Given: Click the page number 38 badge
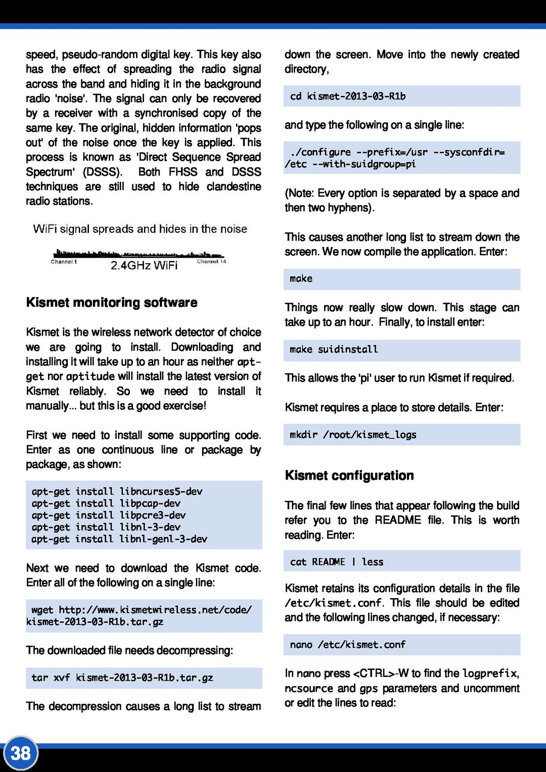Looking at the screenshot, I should click(21, 753).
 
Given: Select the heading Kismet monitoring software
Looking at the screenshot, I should click(112, 303).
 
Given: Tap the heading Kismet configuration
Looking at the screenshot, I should click(349, 475).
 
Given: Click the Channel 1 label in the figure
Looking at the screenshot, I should click(64, 262).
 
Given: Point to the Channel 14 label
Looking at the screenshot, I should click(211, 262).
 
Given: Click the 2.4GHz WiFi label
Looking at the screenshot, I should click(144, 266).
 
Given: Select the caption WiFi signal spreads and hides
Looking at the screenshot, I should click(140, 229).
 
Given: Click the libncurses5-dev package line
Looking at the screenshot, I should click(117, 492).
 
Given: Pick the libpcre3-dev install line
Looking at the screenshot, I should click(108, 515).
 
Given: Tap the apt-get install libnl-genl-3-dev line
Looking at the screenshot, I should click(119, 539).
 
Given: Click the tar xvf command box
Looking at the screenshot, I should click(144, 678).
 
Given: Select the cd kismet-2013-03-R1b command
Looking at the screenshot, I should click(348, 96).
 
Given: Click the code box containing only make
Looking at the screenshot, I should click(401, 279).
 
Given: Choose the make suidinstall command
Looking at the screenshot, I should click(334, 350).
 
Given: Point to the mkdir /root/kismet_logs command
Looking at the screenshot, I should click(353, 435).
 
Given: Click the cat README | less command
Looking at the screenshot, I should click(337, 562).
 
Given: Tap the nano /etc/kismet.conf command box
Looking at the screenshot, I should click(348, 645).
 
